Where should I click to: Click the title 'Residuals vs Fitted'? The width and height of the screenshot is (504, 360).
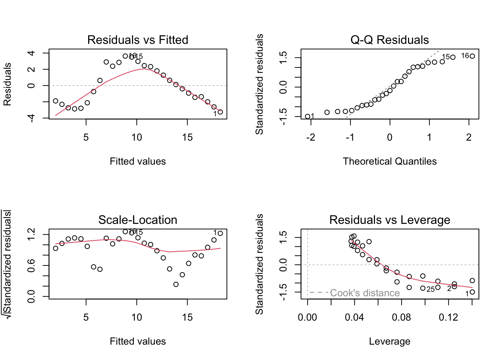point(138,40)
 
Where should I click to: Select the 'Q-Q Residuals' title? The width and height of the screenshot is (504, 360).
point(390,40)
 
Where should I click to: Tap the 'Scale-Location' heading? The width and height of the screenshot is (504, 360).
point(138,220)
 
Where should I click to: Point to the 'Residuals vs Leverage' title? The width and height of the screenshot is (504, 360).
point(390,220)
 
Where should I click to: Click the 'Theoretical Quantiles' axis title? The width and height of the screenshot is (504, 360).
point(390,161)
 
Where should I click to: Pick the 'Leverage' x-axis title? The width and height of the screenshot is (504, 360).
point(390,341)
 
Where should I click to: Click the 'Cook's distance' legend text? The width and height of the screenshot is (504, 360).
point(365,293)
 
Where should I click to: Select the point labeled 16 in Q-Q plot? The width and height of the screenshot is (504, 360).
point(472,56)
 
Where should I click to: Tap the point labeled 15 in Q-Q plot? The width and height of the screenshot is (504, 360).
point(453,57)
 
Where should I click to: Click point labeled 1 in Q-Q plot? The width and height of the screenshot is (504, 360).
point(307,117)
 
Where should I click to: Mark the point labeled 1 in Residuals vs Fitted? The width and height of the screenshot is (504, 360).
point(220,112)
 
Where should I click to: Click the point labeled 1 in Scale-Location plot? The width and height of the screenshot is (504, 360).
point(220,233)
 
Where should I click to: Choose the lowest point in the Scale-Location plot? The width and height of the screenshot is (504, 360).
point(176,284)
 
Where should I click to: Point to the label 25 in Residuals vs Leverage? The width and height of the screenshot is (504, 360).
point(430,289)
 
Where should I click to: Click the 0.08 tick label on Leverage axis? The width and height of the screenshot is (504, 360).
point(402,318)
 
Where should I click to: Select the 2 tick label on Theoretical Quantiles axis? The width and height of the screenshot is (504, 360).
point(469,138)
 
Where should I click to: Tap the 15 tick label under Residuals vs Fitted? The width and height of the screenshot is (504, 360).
point(187,138)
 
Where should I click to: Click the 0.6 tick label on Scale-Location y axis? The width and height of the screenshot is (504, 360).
point(31,265)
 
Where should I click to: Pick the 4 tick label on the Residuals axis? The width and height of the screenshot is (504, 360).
point(31,53)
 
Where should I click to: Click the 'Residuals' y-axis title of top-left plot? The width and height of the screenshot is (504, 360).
point(7,84)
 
